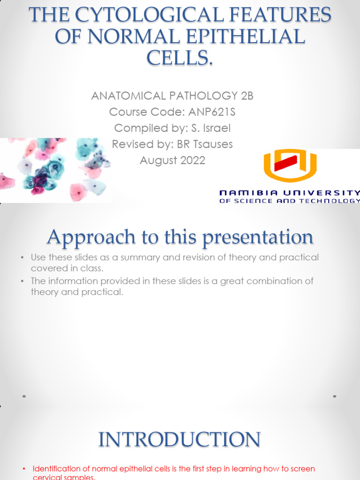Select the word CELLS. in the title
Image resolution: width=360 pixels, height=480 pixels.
click(x=180, y=58)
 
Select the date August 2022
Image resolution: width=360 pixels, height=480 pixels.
click(x=172, y=160)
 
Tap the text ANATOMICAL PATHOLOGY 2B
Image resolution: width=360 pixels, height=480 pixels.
click(x=172, y=96)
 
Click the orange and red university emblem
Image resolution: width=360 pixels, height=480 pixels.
click(x=290, y=165)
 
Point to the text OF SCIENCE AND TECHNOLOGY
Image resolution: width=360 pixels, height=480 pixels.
click(x=290, y=201)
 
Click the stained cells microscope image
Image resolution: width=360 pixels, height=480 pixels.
click(x=55, y=169)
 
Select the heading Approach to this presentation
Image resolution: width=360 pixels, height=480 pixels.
click(x=180, y=237)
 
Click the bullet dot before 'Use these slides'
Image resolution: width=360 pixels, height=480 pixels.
click(x=22, y=257)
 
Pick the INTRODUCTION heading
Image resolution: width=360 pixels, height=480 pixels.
click(x=180, y=440)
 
